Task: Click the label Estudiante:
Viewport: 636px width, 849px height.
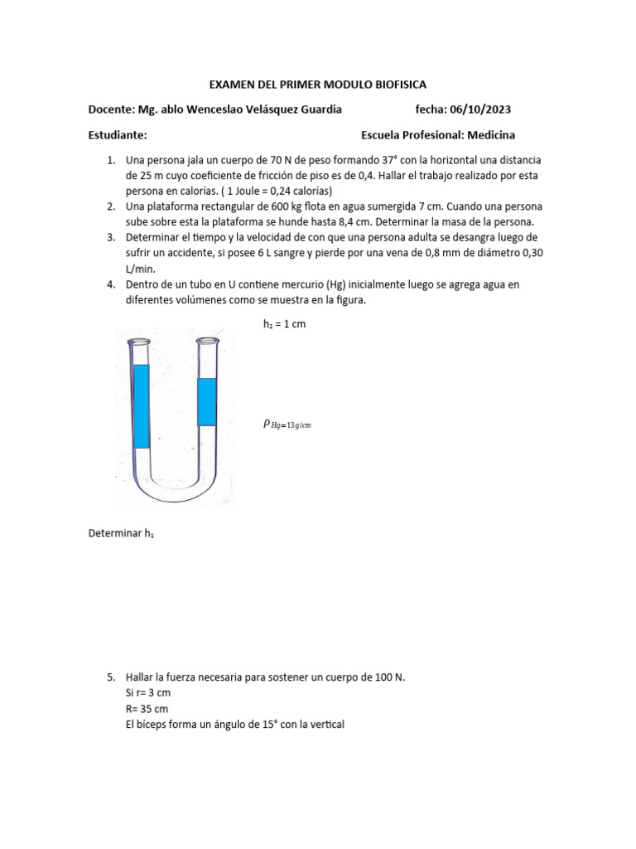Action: click(118, 135)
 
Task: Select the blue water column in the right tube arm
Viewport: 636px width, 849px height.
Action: click(206, 401)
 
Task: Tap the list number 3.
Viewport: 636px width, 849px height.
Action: click(110, 237)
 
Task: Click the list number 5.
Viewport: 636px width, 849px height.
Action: click(110, 677)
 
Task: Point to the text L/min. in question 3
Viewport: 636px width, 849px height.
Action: click(141, 269)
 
